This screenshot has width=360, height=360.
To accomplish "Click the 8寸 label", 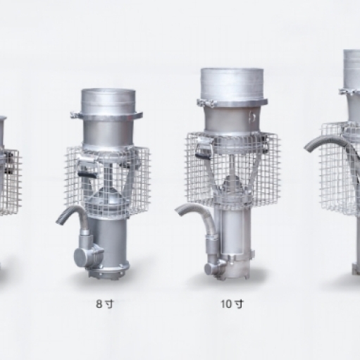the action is (104, 304).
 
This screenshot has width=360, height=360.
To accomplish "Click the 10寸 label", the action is (232, 304).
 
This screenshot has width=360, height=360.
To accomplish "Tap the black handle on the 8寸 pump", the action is (87, 174).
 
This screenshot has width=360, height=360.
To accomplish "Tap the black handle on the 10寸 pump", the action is (204, 156).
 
